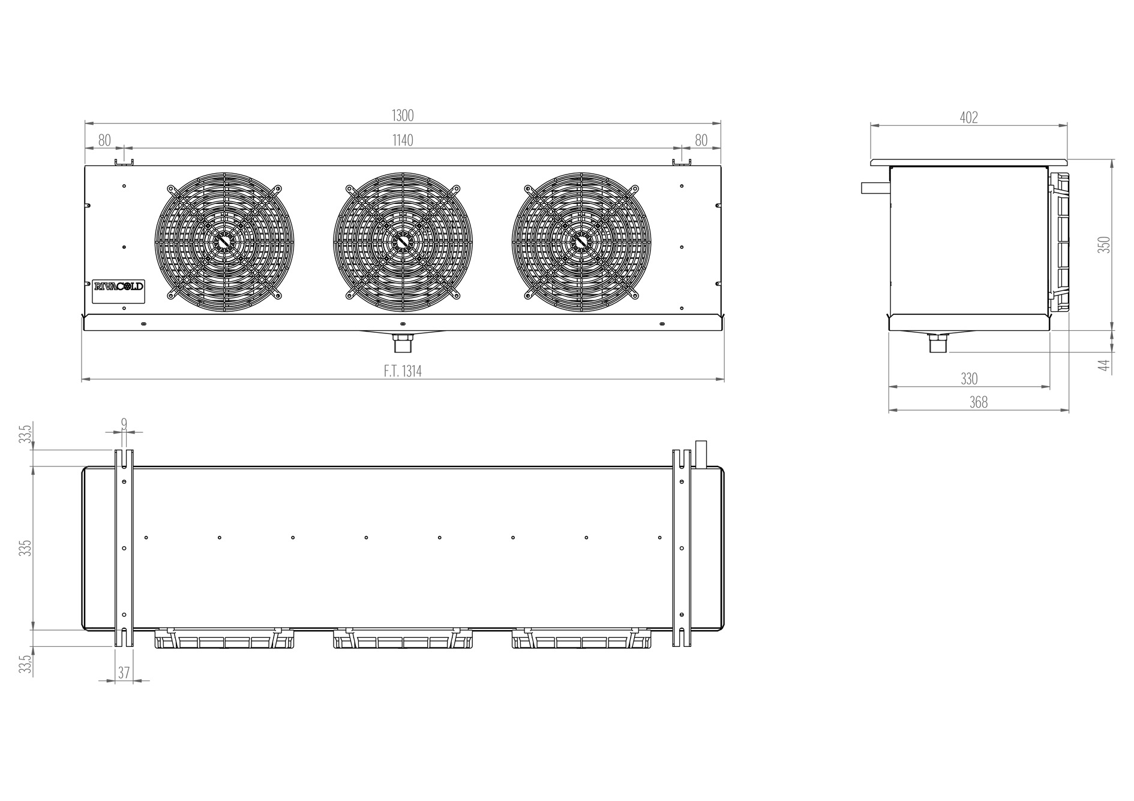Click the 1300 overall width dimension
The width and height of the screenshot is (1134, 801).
tap(403, 116)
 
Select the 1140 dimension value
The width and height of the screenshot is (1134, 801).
tap(403, 140)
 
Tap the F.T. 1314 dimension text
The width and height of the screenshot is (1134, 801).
tap(403, 372)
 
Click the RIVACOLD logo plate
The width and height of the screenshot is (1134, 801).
tap(118, 287)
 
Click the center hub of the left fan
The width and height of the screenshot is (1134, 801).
tap(224, 242)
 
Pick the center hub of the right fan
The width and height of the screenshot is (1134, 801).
tap(581, 242)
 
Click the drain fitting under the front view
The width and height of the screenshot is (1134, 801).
tap(403, 344)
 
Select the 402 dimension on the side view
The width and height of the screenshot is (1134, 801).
tap(969, 118)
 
